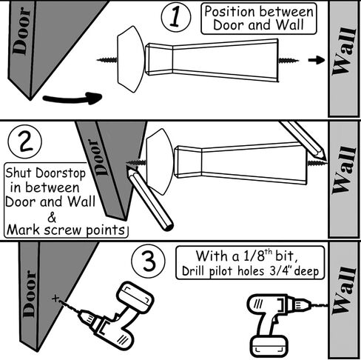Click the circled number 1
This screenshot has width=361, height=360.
click(x=176, y=17)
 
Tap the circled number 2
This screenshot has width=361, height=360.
click(x=25, y=141)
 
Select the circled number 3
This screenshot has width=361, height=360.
click(x=149, y=261)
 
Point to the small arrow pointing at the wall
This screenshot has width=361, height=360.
click(x=317, y=60)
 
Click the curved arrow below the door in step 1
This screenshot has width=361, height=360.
click(x=72, y=98)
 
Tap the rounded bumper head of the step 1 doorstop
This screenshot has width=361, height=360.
click(x=130, y=59)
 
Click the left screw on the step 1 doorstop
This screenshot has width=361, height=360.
click(x=107, y=59)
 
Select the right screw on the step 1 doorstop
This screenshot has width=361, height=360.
click(x=289, y=60)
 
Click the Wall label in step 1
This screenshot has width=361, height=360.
click(x=344, y=51)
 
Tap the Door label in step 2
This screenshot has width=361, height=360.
click(x=98, y=158)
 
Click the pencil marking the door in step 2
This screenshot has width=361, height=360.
click(x=149, y=199)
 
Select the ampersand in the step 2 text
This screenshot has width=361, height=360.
click(x=52, y=218)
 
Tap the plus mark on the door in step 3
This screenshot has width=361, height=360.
click(x=55, y=299)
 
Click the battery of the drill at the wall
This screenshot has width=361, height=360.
click(x=269, y=345)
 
